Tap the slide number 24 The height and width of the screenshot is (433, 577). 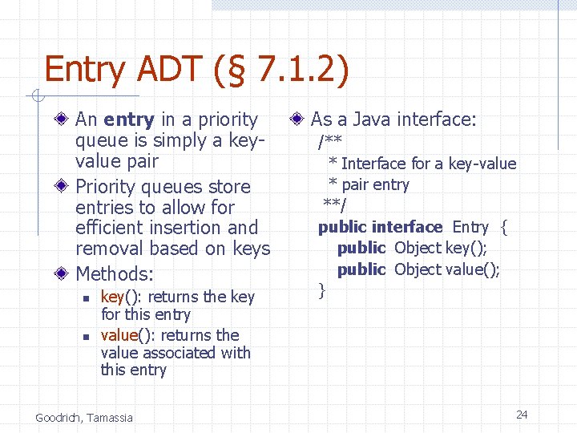click(522, 415)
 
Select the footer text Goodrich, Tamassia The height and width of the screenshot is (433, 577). click(84, 417)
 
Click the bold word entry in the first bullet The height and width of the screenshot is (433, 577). click(129, 119)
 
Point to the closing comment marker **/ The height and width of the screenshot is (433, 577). click(335, 205)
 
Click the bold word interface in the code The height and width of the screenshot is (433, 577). click(407, 227)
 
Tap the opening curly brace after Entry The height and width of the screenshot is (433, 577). click(504, 227)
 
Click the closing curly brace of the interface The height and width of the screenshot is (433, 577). click(322, 290)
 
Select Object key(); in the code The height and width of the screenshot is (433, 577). click(441, 249)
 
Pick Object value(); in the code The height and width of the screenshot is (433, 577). click(447, 269)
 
